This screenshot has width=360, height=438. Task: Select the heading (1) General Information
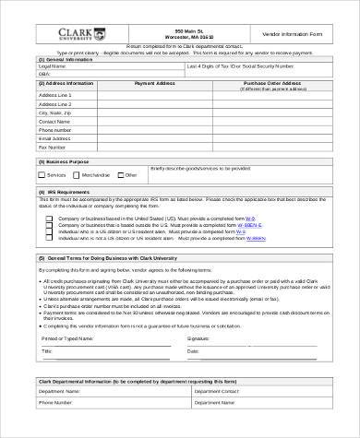click(x=67, y=59)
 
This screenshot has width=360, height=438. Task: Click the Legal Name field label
click(x=53, y=66)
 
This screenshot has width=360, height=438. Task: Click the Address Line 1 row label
click(x=57, y=95)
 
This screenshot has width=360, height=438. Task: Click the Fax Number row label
click(x=53, y=146)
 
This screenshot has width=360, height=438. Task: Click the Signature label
click(x=199, y=339)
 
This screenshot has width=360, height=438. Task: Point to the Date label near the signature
click(x=193, y=351)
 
